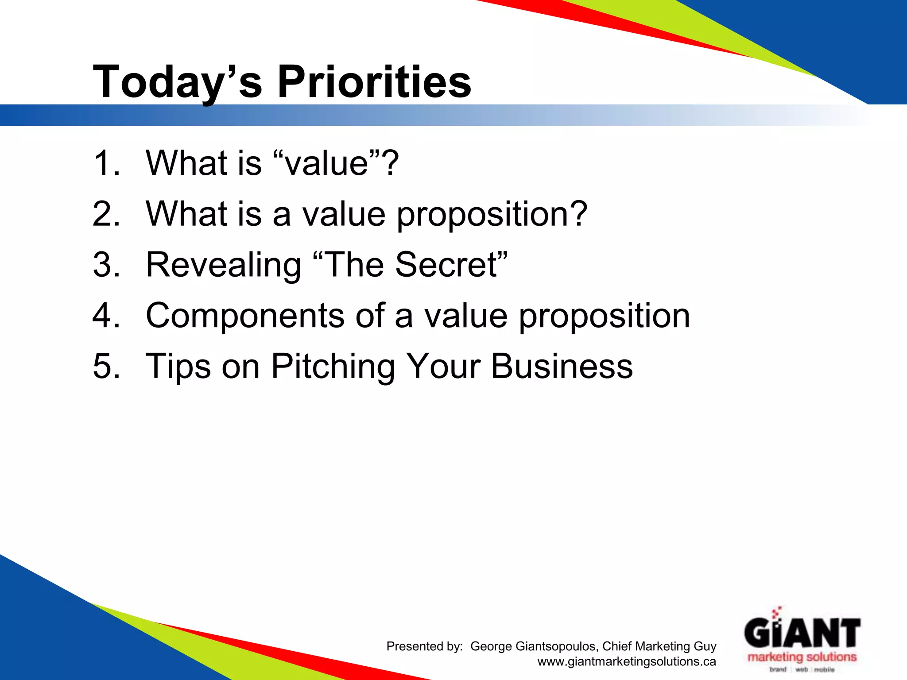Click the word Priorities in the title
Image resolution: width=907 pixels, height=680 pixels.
374,82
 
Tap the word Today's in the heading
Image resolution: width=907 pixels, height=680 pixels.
177,82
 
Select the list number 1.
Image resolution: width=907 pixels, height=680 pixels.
105,163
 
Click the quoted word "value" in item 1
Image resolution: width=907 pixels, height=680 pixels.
327,163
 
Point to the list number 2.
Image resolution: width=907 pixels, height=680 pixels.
105,214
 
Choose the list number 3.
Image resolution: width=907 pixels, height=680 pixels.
105,265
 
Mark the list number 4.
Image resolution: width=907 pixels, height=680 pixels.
105,316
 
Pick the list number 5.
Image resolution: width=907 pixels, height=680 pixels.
105,367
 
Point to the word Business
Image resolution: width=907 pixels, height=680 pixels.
562,367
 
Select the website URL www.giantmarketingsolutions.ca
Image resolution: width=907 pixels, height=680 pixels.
626,662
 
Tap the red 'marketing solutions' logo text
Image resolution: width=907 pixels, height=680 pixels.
802,657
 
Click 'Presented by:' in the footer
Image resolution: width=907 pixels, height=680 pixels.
424,646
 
